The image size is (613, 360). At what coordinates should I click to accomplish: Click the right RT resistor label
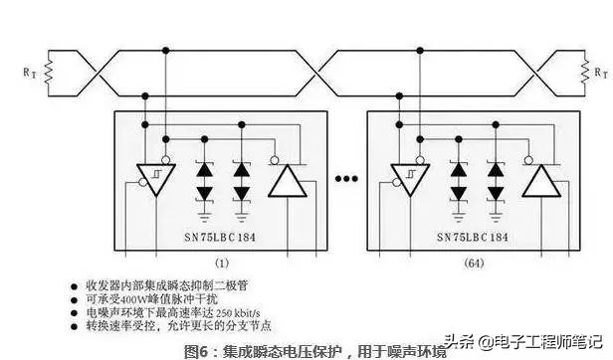[599, 73]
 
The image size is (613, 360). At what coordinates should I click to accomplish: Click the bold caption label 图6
[196, 349]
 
